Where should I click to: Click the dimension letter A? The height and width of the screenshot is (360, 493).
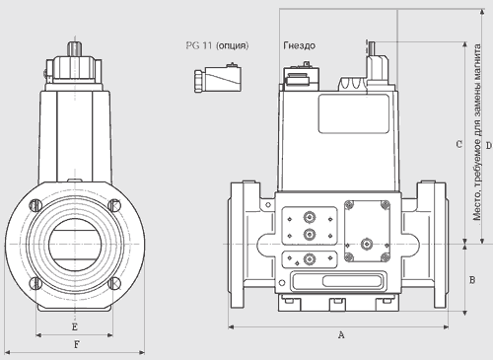pos(341,335)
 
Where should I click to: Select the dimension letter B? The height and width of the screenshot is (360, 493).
pos(472,280)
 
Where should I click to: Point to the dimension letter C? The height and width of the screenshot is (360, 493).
pos(459,144)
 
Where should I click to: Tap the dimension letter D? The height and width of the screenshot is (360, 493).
pos(489,145)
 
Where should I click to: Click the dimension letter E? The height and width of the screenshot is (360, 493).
pos(75,327)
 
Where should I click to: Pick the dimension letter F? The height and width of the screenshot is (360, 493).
pos(76,344)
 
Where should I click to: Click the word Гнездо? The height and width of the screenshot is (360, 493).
pos(299,45)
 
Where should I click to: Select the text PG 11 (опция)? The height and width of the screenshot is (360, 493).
pos(217,45)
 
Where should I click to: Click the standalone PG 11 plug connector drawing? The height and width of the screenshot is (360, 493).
pos(218,78)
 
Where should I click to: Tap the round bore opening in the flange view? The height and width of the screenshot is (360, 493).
pos(76,245)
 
